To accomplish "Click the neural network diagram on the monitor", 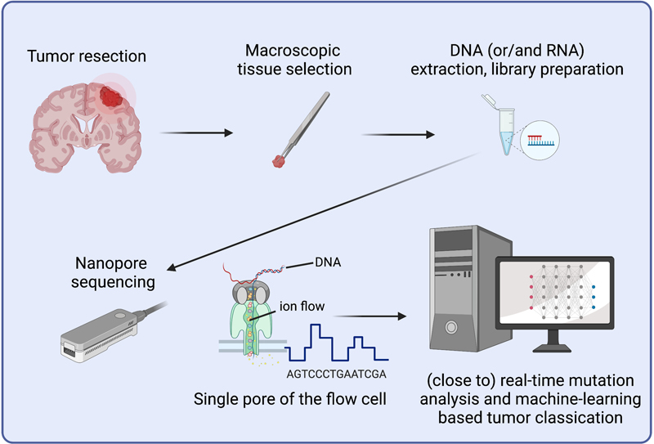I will [564, 294].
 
